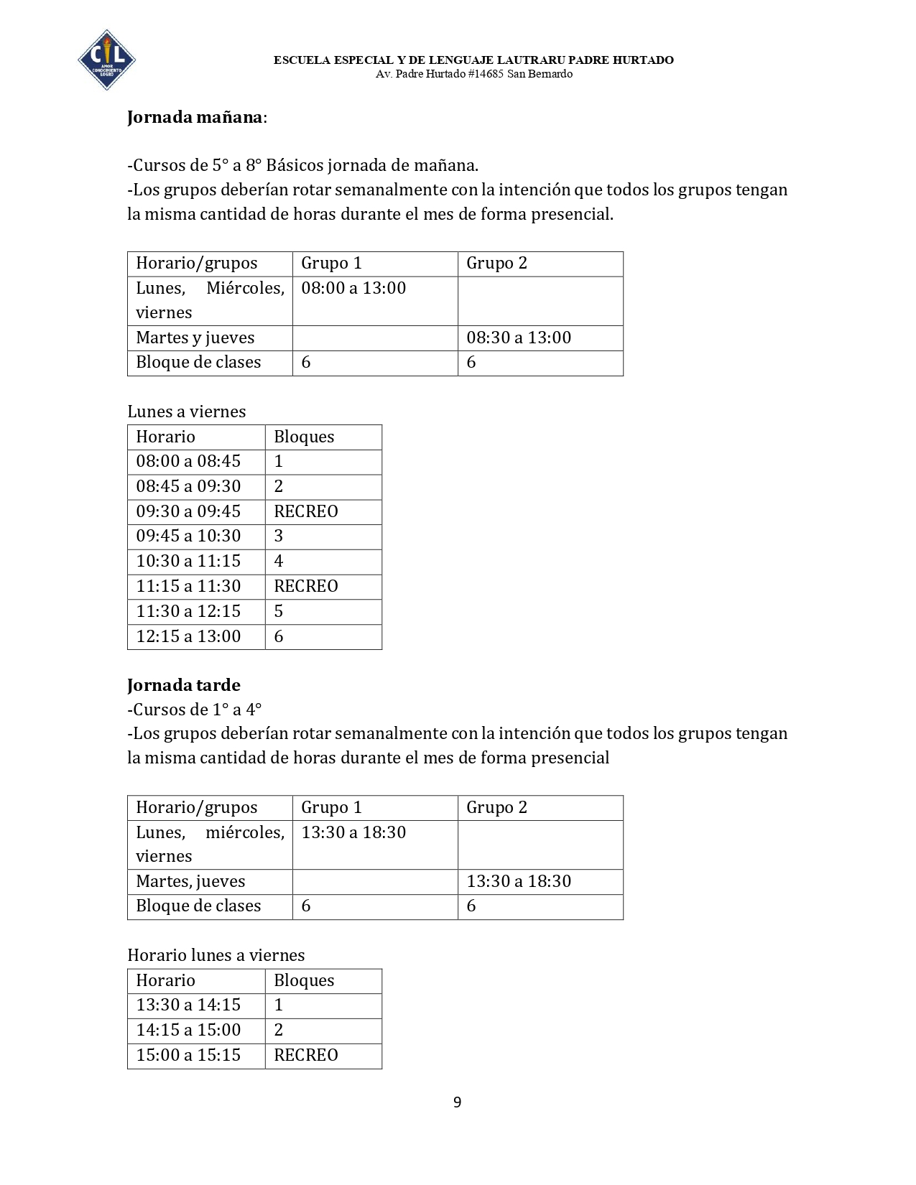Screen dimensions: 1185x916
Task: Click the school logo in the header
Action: (106, 60)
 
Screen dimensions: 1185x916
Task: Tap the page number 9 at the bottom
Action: (457, 1102)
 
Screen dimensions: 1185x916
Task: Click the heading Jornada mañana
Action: (195, 117)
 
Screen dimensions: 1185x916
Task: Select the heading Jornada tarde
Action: (184, 685)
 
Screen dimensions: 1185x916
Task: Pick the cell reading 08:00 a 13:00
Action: (353, 288)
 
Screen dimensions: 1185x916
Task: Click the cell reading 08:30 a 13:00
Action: (519, 338)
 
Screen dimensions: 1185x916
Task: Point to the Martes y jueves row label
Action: (195, 338)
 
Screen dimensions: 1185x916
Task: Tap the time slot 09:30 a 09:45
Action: (188, 511)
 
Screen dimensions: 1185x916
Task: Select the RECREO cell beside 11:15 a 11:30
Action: (306, 586)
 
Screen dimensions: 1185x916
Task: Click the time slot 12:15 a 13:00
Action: (188, 636)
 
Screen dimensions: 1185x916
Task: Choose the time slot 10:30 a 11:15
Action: (188, 561)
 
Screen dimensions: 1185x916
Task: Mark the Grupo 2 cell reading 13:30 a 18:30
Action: (519, 881)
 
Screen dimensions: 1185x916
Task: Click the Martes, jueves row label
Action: (190, 881)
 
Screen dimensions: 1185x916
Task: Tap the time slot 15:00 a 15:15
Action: (188, 1055)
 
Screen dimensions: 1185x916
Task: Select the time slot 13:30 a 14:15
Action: (188, 1005)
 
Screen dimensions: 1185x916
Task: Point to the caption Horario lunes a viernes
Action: (216, 955)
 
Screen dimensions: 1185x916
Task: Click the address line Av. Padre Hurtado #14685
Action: (474, 74)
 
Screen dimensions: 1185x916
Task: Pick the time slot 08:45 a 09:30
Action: (188, 486)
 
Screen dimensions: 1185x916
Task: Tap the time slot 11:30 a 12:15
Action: (188, 611)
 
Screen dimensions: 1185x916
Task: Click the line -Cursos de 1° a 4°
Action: (195, 710)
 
